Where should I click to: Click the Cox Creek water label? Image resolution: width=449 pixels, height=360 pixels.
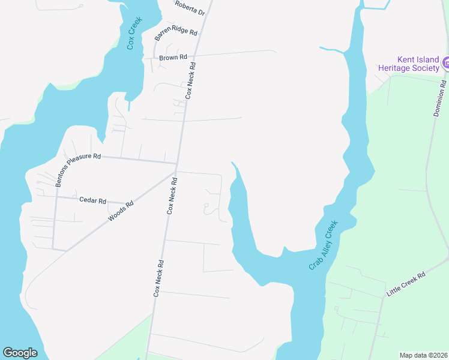tap(134, 34)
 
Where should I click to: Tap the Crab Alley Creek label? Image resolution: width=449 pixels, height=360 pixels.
tap(324, 245)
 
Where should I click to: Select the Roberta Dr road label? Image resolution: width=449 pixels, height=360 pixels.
tap(190, 8)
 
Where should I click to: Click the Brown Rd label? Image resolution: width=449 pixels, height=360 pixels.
tap(173, 58)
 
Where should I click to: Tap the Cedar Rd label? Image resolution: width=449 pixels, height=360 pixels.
tap(92, 200)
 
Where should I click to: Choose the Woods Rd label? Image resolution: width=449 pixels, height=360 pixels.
tap(121, 212)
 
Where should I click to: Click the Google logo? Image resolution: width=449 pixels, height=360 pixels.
tap(20, 353)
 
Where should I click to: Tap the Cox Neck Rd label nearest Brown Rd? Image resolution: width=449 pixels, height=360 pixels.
tap(191, 82)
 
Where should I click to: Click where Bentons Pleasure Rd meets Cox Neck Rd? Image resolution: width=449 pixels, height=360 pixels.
tap(177, 163)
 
